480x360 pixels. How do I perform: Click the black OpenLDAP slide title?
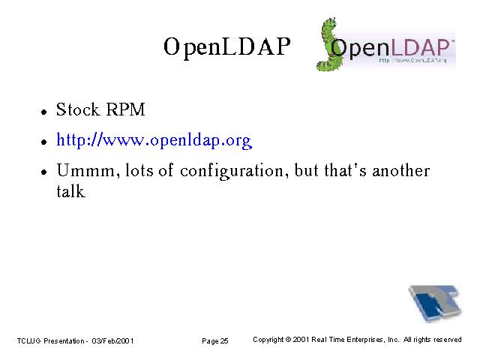pos(226,46)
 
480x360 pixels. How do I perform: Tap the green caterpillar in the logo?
pos(328,45)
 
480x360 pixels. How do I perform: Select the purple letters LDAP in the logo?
pos(420,47)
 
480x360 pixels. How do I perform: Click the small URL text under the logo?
pos(412,60)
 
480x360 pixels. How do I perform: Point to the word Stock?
pos(78,109)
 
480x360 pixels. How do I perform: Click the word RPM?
pos(125,109)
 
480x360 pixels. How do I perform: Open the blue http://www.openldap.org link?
pos(154,140)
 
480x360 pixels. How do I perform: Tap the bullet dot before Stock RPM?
pos(44,112)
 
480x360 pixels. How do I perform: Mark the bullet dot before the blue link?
pos(44,142)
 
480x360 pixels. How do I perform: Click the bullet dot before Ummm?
pos(44,172)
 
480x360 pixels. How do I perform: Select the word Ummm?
pos(86,170)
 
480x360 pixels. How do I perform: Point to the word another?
pos(401,170)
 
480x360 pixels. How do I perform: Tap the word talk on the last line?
pos(70,191)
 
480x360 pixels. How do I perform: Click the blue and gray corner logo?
pos(435,303)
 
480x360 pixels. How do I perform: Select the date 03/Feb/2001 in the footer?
pos(112,340)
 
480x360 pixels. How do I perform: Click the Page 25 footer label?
pos(215,341)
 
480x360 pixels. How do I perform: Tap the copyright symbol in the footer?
pos(288,340)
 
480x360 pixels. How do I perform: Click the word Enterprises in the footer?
pos(366,340)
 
